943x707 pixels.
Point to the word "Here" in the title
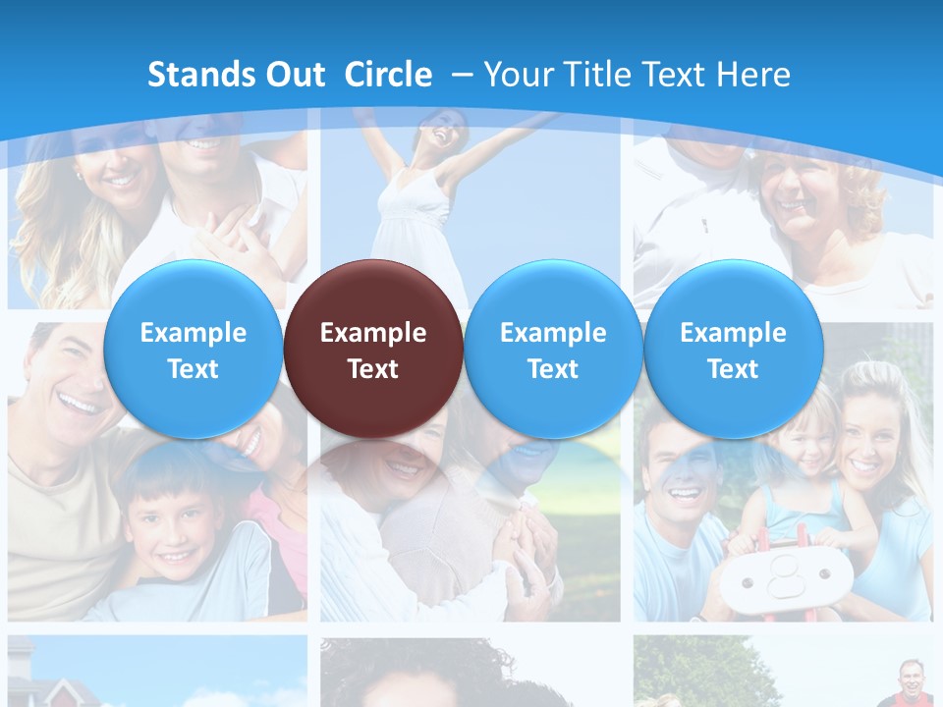(753, 75)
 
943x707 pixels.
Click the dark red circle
(372, 348)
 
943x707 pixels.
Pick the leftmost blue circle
(193, 348)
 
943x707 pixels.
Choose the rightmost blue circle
(733, 348)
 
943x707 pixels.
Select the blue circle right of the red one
(552, 348)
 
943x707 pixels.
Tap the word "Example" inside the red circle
(373, 333)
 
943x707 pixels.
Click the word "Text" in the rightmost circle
(733, 369)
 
